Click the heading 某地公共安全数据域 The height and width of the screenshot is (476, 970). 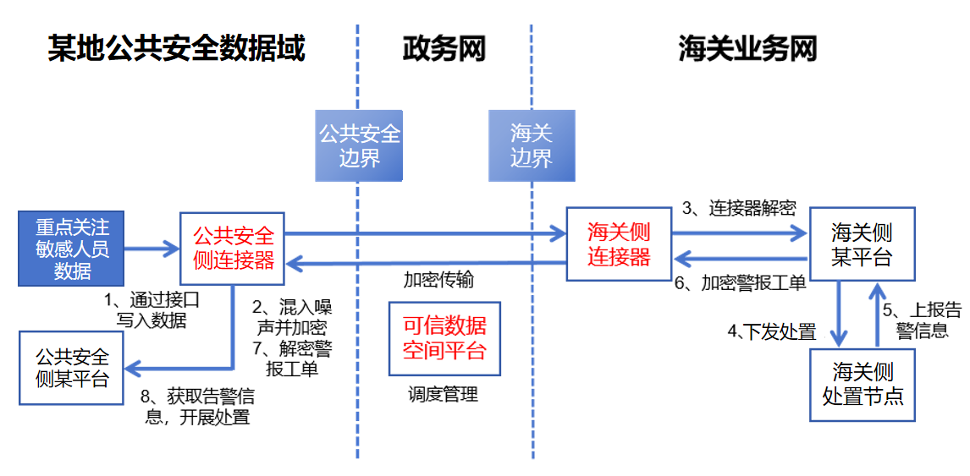tap(176, 48)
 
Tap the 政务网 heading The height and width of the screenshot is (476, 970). tap(444, 49)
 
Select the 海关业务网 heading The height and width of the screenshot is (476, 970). tap(747, 49)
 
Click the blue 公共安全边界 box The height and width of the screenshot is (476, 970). tap(359, 145)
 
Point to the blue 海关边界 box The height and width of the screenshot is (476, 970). tap(532, 145)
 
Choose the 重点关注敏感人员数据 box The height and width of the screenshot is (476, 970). tap(72, 249)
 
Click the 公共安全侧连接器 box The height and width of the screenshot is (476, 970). tap(234, 248)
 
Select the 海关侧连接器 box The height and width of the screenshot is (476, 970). tap(619, 244)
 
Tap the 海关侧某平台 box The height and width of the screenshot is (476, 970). tap(862, 243)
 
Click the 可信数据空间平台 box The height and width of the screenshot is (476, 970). tap(444, 338)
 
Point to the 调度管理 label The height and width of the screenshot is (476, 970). tap(443, 394)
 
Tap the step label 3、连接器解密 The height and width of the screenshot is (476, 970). tap(739, 209)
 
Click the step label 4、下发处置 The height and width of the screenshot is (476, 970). tap(771, 331)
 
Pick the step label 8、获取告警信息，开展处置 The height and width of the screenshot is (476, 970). tap(198, 406)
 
